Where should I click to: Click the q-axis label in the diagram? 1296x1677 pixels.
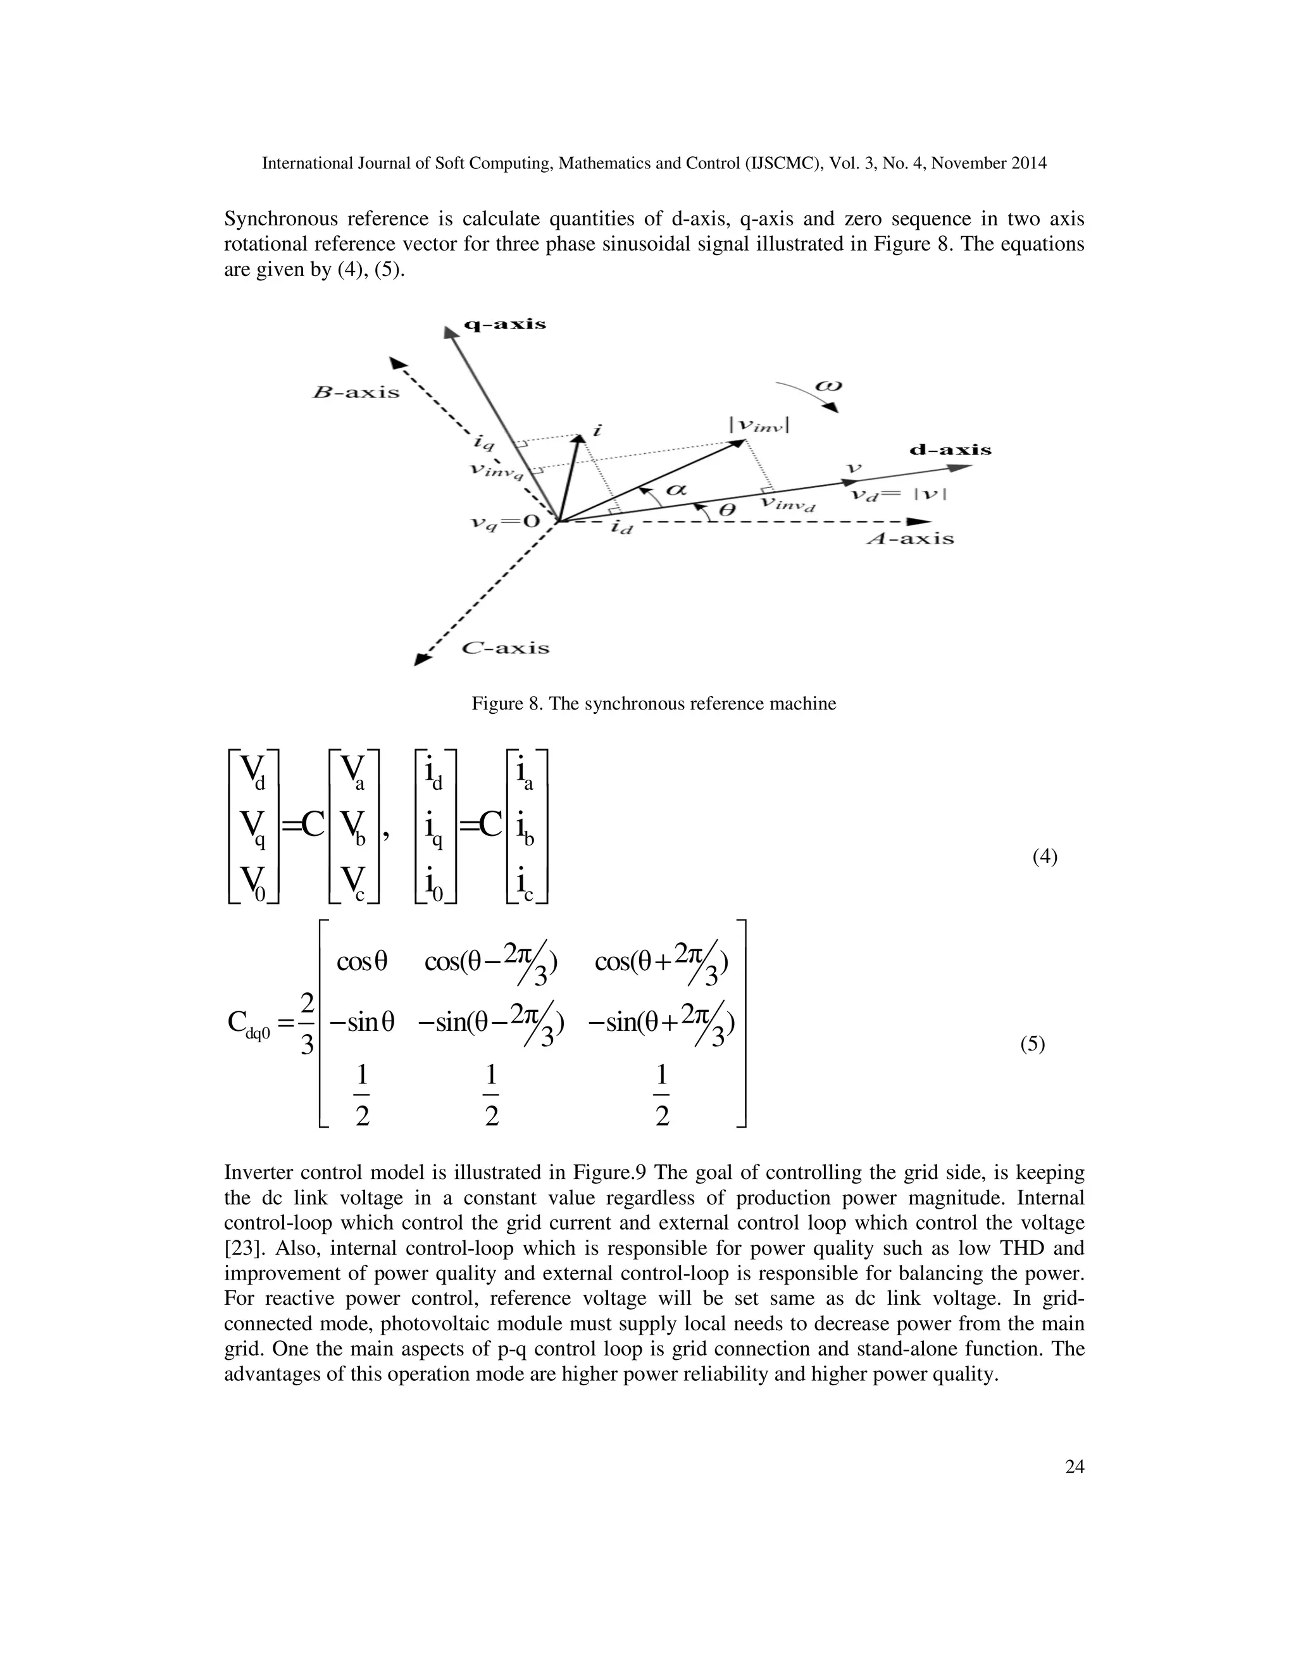[505, 324]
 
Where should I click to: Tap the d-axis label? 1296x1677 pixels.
[950, 450]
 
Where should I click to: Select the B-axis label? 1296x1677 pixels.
[356, 392]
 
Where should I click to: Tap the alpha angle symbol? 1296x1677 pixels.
[676, 489]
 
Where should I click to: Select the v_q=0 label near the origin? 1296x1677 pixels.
[505, 523]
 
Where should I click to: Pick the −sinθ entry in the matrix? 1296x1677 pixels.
[361, 1022]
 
